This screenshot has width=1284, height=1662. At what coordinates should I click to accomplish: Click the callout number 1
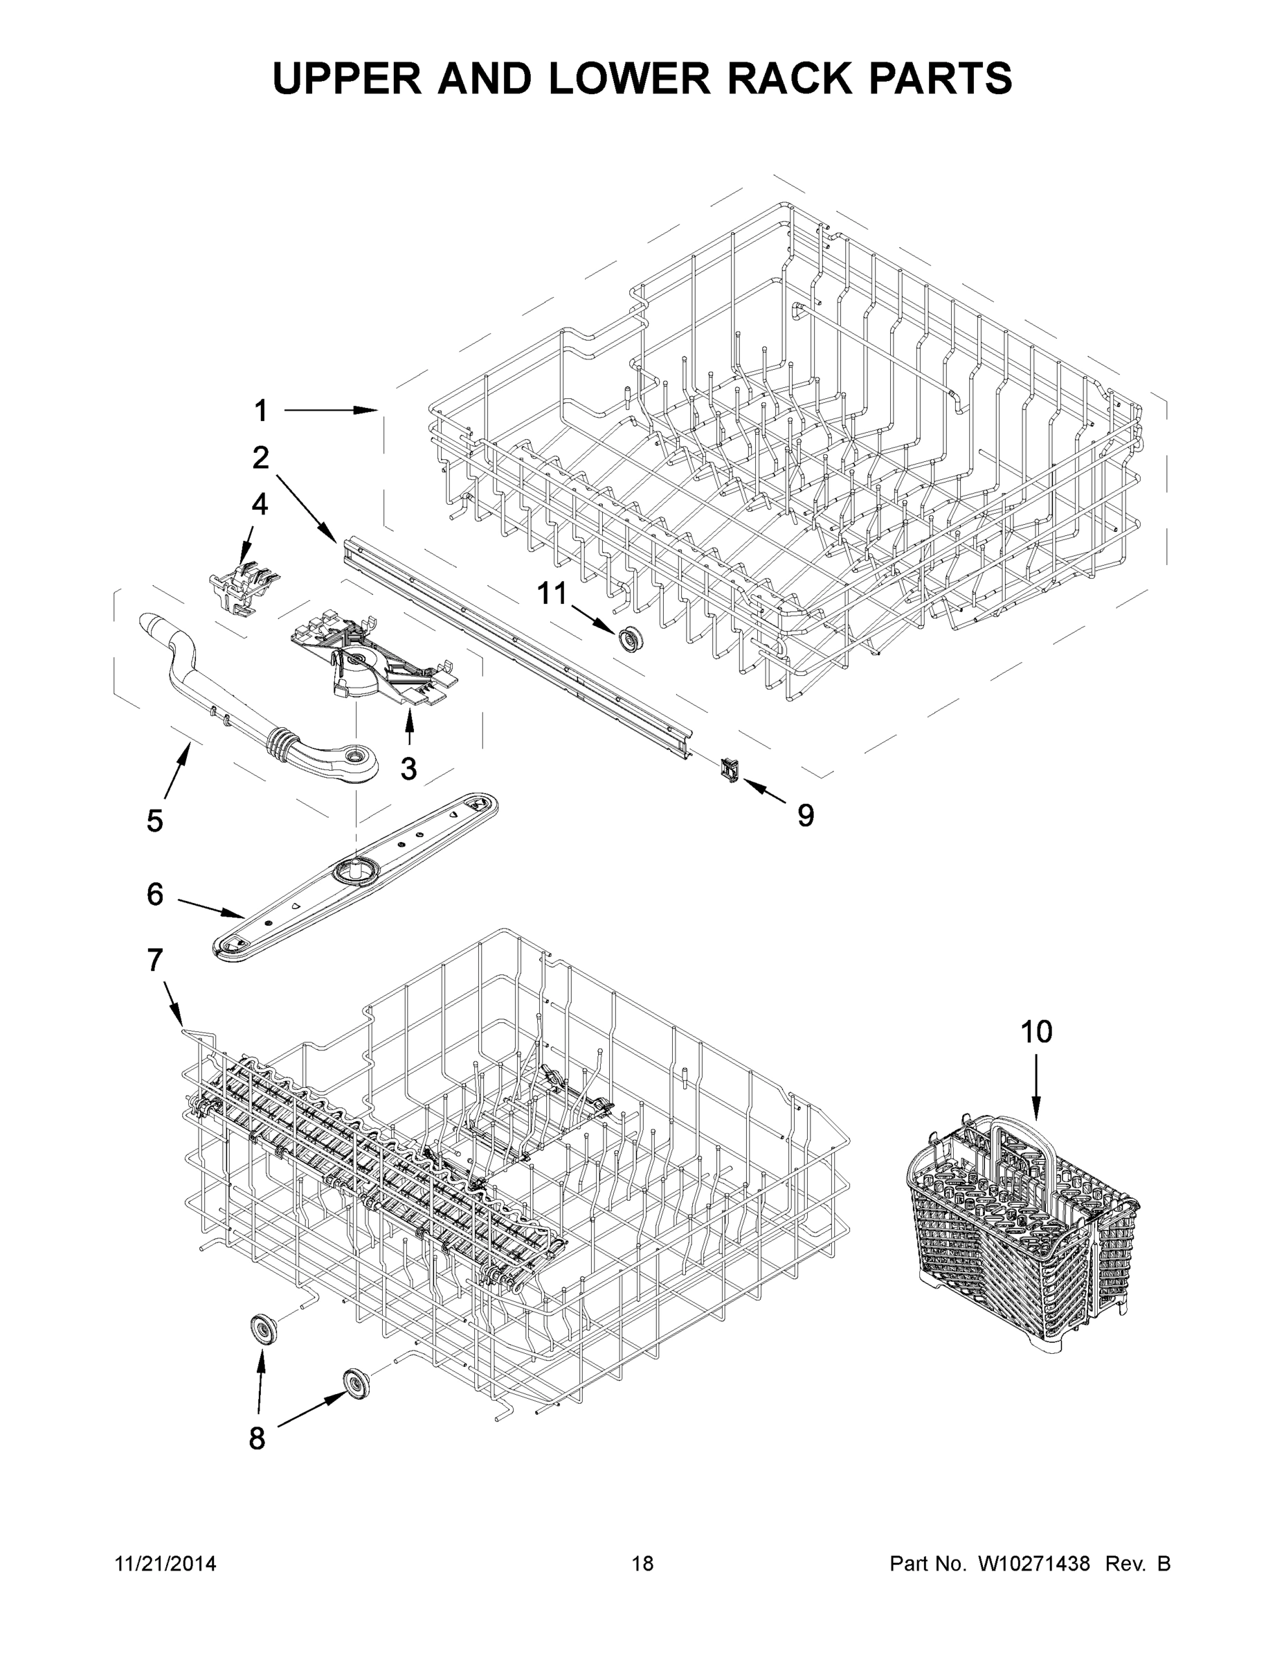[x=261, y=411]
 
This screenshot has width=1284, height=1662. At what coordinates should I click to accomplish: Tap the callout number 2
[x=261, y=458]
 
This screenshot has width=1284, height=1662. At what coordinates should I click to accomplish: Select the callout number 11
[x=553, y=593]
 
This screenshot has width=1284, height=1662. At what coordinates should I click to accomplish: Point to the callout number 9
[x=806, y=816]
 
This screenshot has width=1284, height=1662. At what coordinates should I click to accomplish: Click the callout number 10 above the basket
[x=1036, y=1032]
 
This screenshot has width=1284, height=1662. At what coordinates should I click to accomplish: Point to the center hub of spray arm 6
[x=355, y=869]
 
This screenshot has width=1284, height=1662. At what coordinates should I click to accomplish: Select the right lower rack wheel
[x=355, y=1382]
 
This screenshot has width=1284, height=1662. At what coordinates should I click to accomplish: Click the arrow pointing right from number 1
[x=331, y=411]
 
